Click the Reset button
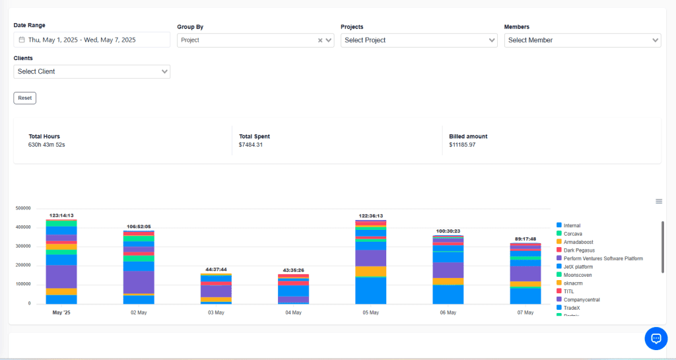point(24,98)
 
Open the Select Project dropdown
point(419,40)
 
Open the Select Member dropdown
point(582,40)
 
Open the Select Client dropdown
point(92,71)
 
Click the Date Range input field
point(92,40)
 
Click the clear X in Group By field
point(320,40)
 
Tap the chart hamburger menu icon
point(658,201)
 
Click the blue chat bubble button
point(656,338)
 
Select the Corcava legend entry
point(572,234)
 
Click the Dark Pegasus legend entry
point(579,250)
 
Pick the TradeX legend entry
point(572,308)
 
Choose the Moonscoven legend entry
point(578,275)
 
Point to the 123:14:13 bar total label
point(61,215)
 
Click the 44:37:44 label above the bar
point(216,270)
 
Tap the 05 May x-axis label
point(371,312)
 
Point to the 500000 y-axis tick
point(23,208)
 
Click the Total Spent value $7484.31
point(251,145)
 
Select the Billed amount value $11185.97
point(462,145)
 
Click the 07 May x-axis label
point(526,312)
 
